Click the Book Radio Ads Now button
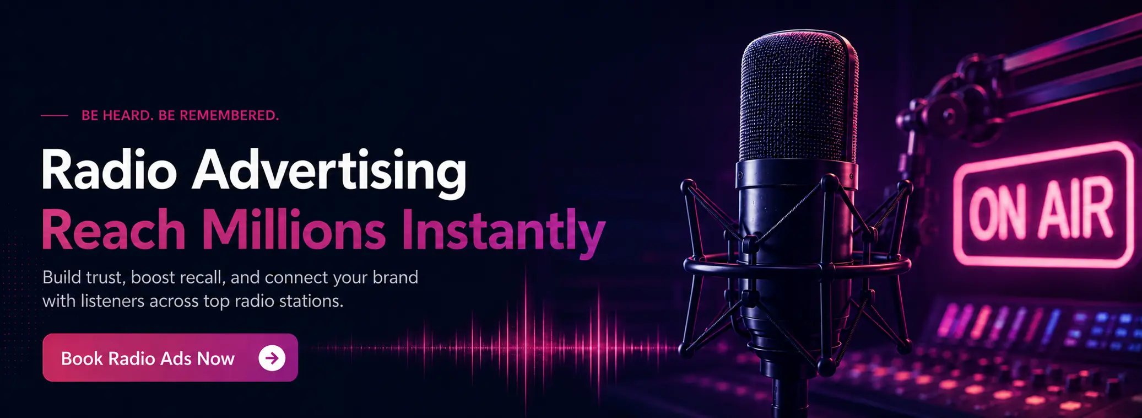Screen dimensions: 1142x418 tap(170, 357)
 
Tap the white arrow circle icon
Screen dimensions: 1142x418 tap(272, 358)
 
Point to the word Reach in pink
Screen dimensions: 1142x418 tap(113, 231)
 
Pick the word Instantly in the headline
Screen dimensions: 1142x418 tap(503, 233)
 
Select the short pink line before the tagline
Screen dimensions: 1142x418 tap(55, 116)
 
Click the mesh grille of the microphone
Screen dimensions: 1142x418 tap(798, 99)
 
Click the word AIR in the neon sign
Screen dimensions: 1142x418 tap(1076, 208)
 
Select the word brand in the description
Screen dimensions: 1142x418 tap(395, 277)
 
